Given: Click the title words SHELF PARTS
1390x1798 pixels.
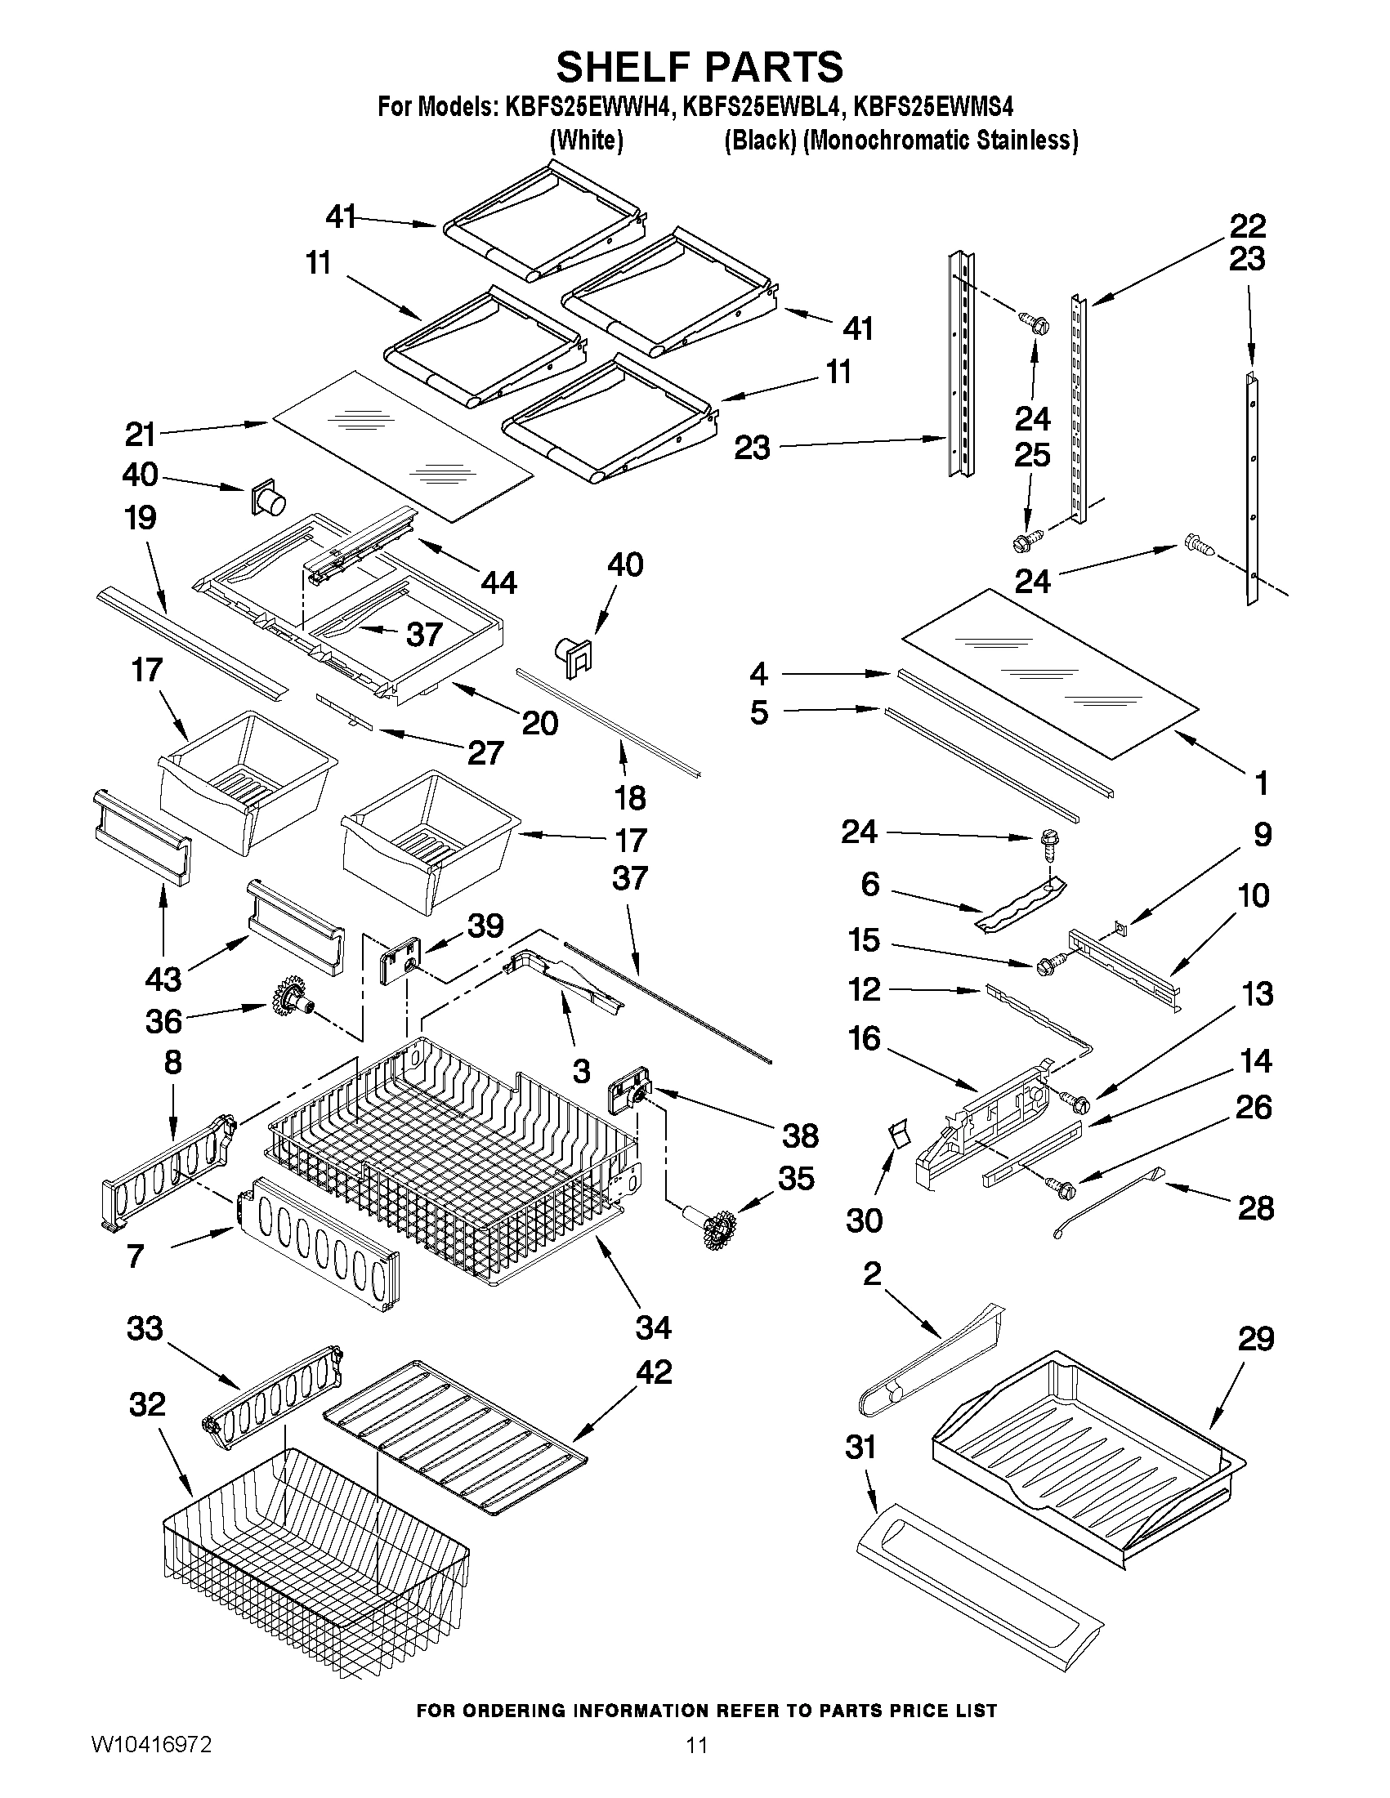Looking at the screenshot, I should (699, 67).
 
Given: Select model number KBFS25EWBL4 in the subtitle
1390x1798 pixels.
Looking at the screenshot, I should (760, 107).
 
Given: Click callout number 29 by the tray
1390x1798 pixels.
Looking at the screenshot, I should (1255, 1340).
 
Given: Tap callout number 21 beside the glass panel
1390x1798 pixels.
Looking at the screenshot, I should (140, 433).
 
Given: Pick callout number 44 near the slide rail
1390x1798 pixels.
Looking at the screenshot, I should (498, 583).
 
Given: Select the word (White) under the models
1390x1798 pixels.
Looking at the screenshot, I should (585, 141).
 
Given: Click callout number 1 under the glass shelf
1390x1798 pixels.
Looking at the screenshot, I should (1260, 783).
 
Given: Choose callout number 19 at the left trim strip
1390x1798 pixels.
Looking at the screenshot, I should (140, 519).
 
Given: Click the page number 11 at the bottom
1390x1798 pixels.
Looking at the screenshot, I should (697, 1769).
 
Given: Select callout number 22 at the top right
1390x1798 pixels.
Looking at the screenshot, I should (1248, 225).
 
